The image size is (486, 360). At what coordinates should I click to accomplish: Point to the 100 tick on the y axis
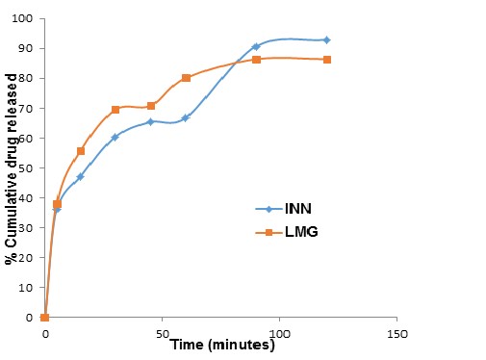pyautogui.click(x=19, y=19)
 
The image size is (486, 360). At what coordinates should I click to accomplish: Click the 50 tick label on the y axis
pyautogui.click(x=22, y=168)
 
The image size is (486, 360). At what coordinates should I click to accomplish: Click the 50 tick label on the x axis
pyautogui.click(x=162, y=333)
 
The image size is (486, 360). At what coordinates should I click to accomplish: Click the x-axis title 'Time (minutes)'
pyautogui.click(x=223, y=345)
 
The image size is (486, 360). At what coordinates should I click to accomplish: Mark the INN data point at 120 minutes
pyautogui.click(x=327, y=40)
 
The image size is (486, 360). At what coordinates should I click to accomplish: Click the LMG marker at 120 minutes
pyautogui.click(x=327, y=60)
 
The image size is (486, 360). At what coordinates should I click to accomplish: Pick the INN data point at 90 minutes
pyautogui.click(x=256, y=46)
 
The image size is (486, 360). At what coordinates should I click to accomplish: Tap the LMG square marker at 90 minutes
pyautogui.click(x=256, y=60)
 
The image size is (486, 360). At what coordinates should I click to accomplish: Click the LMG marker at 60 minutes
pyautogui.click(x=186, y=78)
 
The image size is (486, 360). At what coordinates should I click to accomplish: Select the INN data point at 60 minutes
pyautogui.click(x=186, y=117)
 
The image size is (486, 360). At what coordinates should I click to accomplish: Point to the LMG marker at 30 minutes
pyautogui.click(x=115, y=110)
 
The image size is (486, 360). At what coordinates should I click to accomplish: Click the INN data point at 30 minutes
pyautogui.click(x=115, y=137)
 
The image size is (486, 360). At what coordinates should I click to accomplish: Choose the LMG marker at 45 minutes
pyautogui.click(x=151, y=106)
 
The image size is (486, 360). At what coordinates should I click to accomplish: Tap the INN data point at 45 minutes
pyautogui.click(x=151, y=121)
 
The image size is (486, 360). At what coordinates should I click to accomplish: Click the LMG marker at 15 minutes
pyautogui.click(x=81, y=151)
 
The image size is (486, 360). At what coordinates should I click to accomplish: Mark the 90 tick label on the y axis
pyautogui.click(x=22, y=49)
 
